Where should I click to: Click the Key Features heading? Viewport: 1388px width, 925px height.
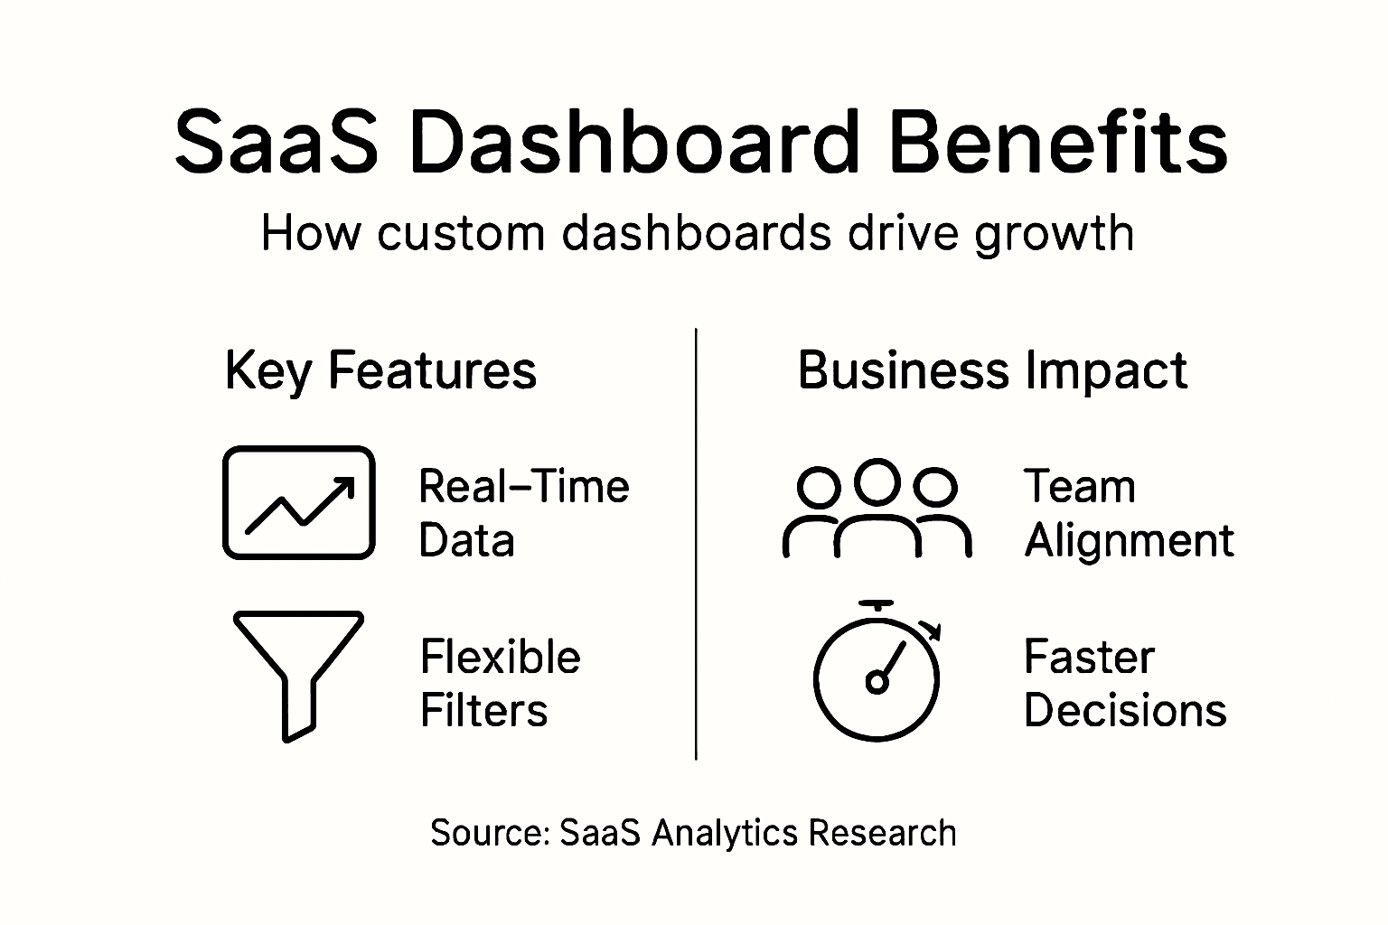pyautogui.click(x=380, y=370)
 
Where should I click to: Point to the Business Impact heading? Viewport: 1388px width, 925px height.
pyautogui.click(x=992, y=370)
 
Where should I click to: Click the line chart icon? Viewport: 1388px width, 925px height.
pyautogui.click(x=298, y=502)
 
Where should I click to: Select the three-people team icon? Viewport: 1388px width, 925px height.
pyautogui.click(x=876, y=510)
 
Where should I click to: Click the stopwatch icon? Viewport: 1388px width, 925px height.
pyautogui.click(x=877, y=673)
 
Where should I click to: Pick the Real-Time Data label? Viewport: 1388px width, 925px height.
pyautogui.click(x=523, y=513)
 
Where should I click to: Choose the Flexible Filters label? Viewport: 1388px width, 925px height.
pyautogui.click(x=500, y=683)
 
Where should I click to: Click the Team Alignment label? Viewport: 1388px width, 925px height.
pyautogui.click(x=1128, y=513)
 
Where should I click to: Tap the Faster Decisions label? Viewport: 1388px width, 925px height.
pyautogui.click(x=1124, y=683)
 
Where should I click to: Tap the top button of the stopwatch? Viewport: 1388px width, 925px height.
pyautogui.click(x=877, y=603)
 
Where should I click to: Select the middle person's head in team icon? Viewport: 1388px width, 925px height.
pyautogui.click(x=877, y=480)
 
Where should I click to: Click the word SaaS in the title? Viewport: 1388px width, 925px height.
pyautogui.click(x=276, y=142)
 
